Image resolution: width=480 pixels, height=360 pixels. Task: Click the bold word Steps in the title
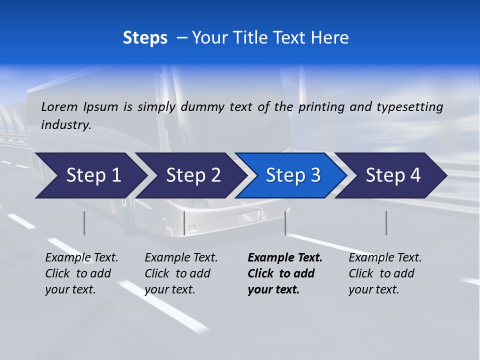[x=145, y=37]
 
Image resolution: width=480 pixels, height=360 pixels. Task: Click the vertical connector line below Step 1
[x=84, y=223]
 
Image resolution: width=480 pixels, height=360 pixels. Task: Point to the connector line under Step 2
[x=184, y=223]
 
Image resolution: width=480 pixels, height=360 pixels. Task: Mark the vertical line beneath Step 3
[x=285, y=223]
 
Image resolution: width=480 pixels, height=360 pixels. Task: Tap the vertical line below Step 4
[x=386, y=223]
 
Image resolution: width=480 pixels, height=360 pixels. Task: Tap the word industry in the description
[x=66, y=124]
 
